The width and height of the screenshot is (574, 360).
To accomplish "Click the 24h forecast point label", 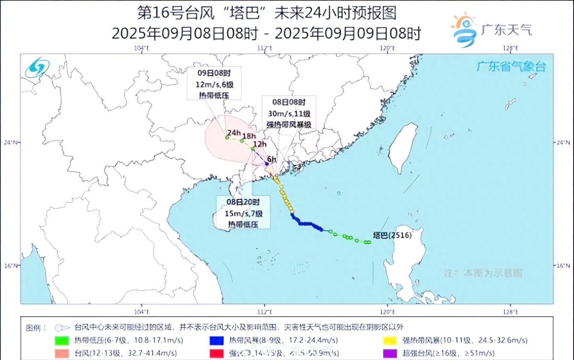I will (234, 133).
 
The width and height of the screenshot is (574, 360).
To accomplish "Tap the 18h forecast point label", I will (248, 136).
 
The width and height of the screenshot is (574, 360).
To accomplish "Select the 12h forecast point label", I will (260, 144).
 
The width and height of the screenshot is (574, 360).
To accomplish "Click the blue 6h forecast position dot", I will (267, 164).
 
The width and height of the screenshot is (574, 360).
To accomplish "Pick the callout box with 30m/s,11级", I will (289, 113).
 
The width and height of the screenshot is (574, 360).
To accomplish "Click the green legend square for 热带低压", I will (62, 340).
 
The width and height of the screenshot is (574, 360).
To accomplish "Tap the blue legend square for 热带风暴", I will (217, 340).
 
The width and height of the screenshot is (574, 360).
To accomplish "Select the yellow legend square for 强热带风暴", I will (391, 340).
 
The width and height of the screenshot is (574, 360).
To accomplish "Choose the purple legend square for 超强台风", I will (391, 354).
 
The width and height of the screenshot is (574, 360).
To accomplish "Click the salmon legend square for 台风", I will (62, 354).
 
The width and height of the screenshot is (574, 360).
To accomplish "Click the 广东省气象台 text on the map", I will (511, 66).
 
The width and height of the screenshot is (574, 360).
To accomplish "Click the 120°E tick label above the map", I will (387, 49).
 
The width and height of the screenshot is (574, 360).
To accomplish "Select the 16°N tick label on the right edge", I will (564, 265).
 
